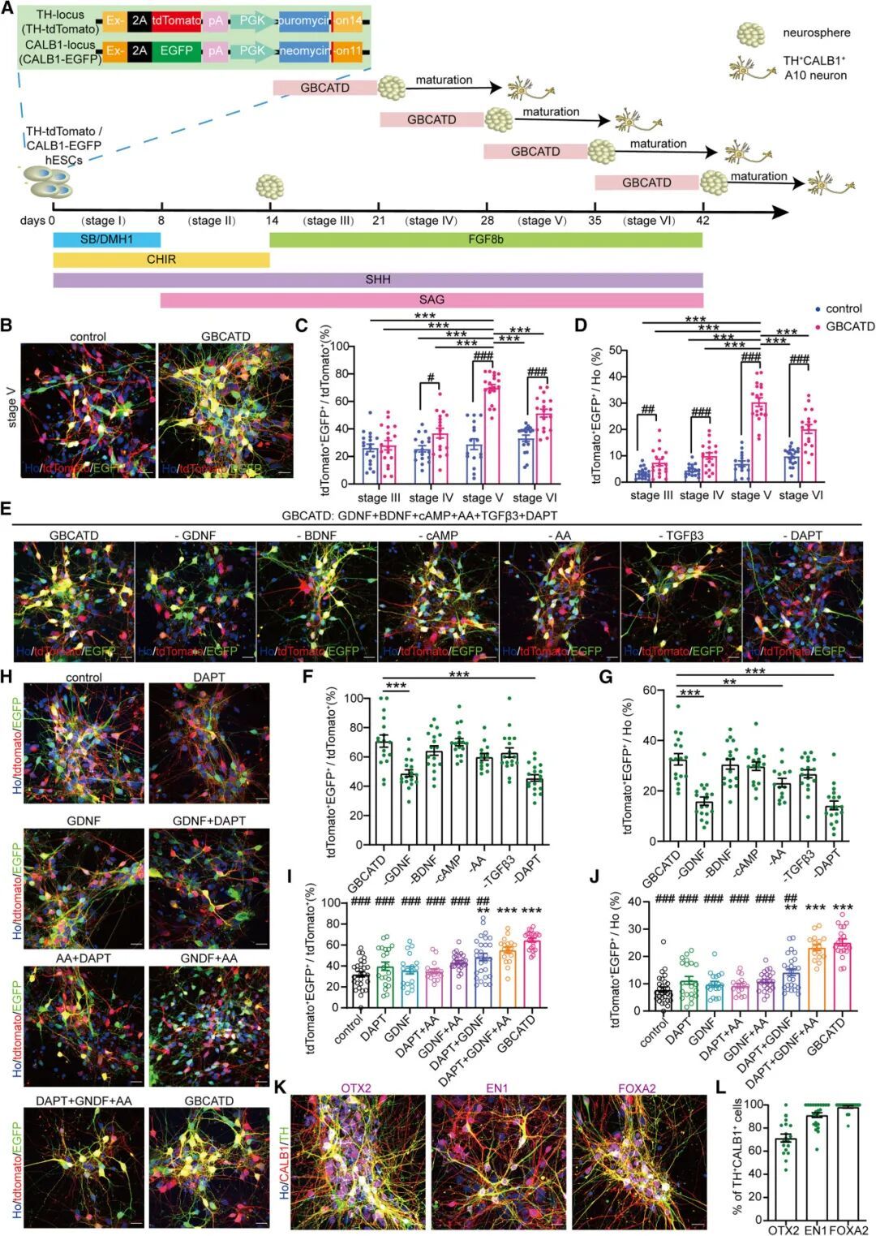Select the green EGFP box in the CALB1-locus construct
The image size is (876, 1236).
click(x=176, y=50)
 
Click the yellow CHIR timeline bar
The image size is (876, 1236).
click(x=161, y=260)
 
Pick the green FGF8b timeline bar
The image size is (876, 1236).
click(x=485, y=239)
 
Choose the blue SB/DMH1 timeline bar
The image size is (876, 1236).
click(x=106, y=239)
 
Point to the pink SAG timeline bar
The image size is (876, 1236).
click(x=431, y=299)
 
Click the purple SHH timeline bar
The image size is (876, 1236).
click(x=378, y=280)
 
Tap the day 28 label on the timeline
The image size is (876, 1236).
click(x=487, y=221)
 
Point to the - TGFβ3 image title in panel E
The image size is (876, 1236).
click(x=680, y=536)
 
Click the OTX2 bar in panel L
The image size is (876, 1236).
click(x=785, y=1178)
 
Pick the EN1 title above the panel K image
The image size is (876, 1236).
click(x=497, y=1087)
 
